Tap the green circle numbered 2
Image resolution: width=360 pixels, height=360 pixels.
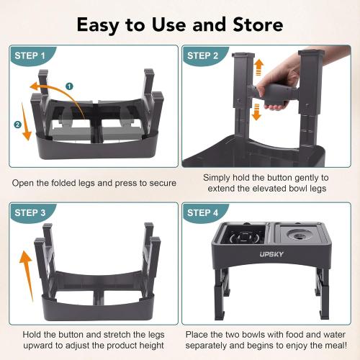point(17,124)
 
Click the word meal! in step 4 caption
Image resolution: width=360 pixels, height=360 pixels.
point(321,347)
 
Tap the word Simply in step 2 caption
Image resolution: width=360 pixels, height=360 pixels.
point(217,177)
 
